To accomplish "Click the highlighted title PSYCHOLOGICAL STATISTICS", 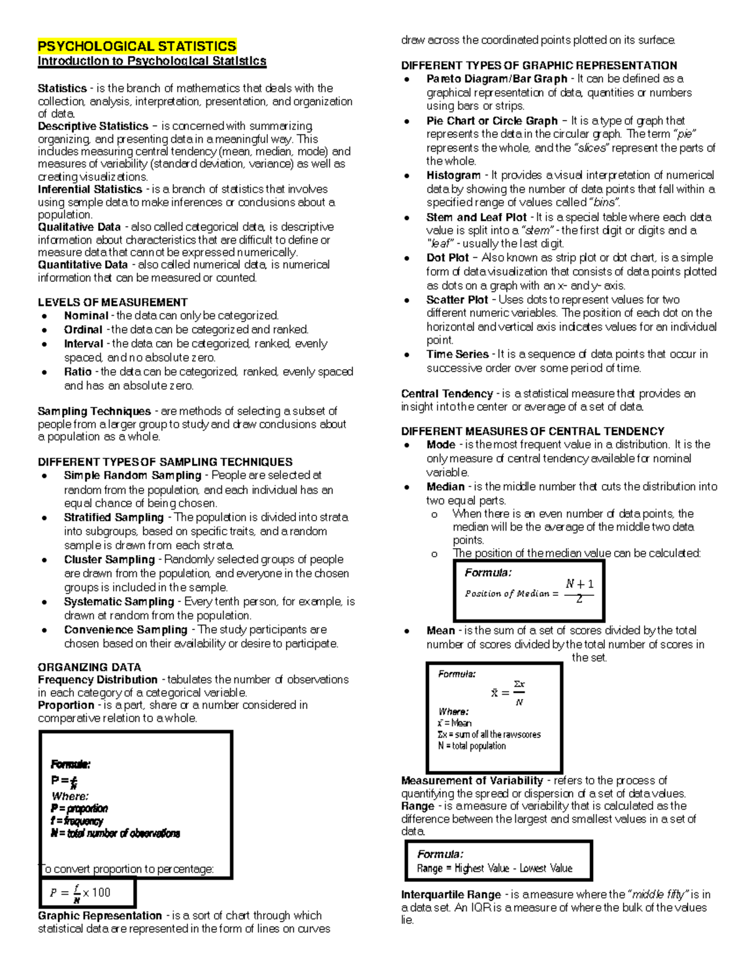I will pyautogui.click(x=137, y=47).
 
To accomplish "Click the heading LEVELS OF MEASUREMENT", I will pyautogui.click(x=113, y=303).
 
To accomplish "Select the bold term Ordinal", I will pyautogui.click(x=83, y=330).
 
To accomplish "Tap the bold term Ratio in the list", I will pyautogui.click(x=78, y=372).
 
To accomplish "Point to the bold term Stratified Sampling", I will pyautogui.click(x=114, y=518).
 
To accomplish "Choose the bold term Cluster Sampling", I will pyautogui.click(x=109, y=559).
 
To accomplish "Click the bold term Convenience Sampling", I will pyautogui.click(x=126, y=629).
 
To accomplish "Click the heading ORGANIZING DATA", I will pyautogui.click(x=90, y=667).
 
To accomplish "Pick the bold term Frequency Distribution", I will pyautogui.click(x=98, y=680).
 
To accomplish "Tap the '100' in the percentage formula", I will pyautogui.click(x=101, y=893).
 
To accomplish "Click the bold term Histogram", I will pyautogui.click(x=453, y=176).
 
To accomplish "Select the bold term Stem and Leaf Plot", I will pyautogui.click(x=476, y=217).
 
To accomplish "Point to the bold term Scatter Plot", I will pyautogui.click(x=456, y=300).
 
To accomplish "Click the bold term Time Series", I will pyautogui.click(x=458, y=354).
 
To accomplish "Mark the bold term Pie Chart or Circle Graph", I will pyautogui.click(x=492, y=121).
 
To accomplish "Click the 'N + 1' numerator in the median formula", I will pyautogui.click(x=579, y=583).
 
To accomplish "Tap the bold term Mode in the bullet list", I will pyautogui.click(x=441, y=445).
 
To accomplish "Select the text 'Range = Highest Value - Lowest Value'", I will pyautogui.click(x=495, y=869).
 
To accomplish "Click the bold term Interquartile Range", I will pyautogui.click(x=451, y=895).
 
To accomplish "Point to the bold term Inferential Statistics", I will pyautogui.click(x=90, y=190).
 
